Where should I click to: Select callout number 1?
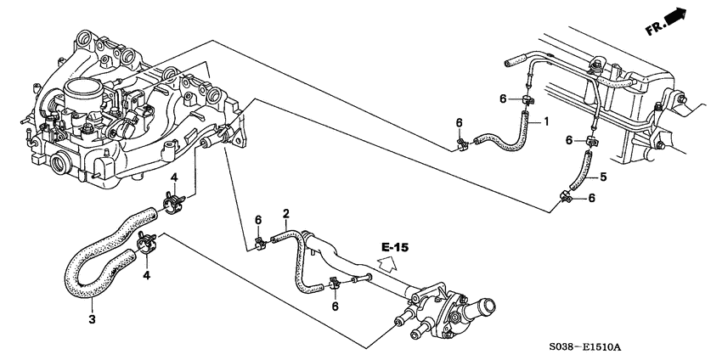pyautogui.click(x=546, y=122)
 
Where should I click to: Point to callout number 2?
pyautogui.click(x=287, y=213)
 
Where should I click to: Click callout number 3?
pyautogui.click(x=91, y=320)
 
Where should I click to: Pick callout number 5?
pyautogui.click(x=604, y=177)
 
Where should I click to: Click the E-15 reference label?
pyautogui.click(x=395, y=247)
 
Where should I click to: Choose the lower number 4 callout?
pyautogui.click(x=146, y=275)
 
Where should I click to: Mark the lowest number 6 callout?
pyautogui.click(x=335, y=307)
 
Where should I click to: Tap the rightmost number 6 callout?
pyautogui.click(x=592, y=199)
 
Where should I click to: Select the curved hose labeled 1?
pyautogui.click(x=501, y=140)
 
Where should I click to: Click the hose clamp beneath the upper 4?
pyautogui.click(x=173, y=204)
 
